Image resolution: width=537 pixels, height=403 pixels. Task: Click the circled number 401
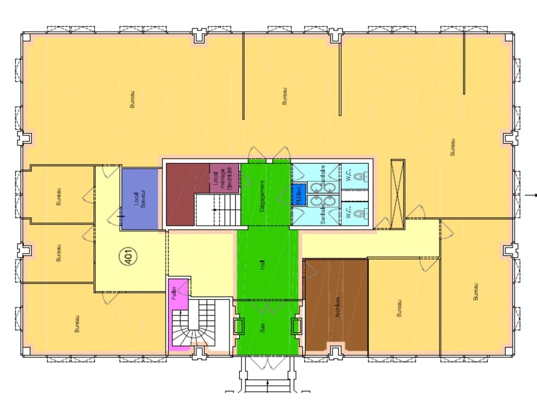pyautogui.click(x=129, y=256)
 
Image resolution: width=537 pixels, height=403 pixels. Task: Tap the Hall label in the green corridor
pyautogui.click(x=263, y=264)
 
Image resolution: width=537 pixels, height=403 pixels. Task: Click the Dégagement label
pyautogui.click(x=263, y=196)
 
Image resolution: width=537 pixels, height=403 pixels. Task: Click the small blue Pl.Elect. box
pyautogui.click(x=299, y=194)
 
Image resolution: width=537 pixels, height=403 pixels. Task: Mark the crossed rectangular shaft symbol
pyautogui.click(x=397, y=194)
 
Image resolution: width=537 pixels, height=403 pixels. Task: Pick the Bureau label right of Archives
pyautogui.click(x=399, y=308)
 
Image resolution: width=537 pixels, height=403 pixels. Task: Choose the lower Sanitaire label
pyautogui.click(x=323, y=214)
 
